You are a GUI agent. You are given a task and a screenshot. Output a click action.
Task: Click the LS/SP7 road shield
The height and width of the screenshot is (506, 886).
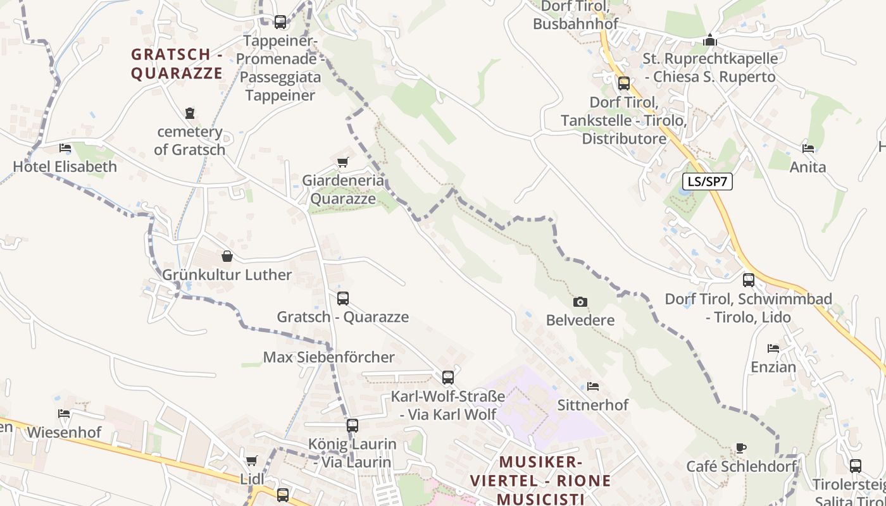click(x=708, y=182)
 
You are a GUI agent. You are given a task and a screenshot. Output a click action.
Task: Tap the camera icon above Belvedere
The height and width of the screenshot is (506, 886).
click(x=580, y=302)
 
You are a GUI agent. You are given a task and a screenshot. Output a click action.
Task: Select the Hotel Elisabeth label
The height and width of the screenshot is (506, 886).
click(x=65, y=167)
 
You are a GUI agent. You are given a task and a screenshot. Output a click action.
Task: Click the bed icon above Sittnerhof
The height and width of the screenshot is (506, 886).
click(x=593, y=386)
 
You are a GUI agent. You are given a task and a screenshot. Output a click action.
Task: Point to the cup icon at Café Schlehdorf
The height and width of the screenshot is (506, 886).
click(x=741, y=448)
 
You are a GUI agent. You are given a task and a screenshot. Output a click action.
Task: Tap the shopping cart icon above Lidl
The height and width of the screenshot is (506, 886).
click(x=252, y=460)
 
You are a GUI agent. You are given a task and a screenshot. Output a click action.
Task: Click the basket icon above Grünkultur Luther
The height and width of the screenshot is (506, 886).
click(x=227, y=256)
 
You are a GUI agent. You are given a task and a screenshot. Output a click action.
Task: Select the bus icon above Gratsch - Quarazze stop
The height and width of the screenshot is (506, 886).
click(x=343, y=299)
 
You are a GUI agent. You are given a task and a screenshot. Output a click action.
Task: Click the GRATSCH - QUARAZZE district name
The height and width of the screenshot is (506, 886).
click(x=177, y=64)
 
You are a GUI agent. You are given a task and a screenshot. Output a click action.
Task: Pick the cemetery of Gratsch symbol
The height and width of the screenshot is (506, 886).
click(x=190, y=113)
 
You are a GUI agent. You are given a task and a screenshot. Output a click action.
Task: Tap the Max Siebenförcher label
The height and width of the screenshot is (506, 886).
click(x=328, y=357)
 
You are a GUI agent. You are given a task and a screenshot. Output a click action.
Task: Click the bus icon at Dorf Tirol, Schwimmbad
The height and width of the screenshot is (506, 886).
click(x=749, y=280)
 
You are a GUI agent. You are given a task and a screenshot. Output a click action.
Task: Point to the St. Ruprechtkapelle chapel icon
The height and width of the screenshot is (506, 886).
click(x=710, y=40)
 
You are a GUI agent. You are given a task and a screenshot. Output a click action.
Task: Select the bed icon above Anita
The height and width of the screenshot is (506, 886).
click(x=808, y=149)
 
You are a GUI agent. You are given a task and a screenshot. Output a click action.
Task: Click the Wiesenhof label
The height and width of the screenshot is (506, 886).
click(x=64, y=433)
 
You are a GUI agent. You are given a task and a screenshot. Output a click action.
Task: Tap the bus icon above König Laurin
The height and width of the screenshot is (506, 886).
click(x=353, y=426)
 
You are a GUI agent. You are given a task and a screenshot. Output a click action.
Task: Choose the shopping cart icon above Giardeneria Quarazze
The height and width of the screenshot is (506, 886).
click(x=343, y=163)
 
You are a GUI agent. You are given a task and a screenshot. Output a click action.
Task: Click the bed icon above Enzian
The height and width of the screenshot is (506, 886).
click(x=773, y=349)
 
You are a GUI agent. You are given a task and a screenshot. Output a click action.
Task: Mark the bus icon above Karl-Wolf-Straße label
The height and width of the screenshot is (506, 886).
click(x=448, y=378)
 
